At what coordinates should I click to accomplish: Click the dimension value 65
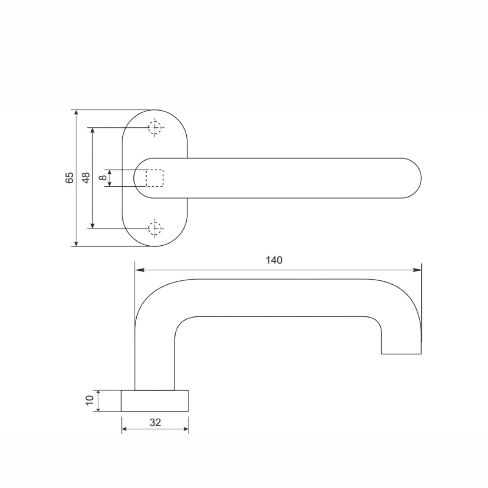tap(70, 177)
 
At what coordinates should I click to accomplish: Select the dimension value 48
tap(86, 177)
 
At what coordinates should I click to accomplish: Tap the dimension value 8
tap(103, 177)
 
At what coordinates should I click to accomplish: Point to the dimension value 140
tap(274, 260)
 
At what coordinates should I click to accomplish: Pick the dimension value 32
tap(155, 423)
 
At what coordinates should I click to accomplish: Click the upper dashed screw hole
tap(155, 128)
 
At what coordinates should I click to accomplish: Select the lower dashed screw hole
tap(155, 229)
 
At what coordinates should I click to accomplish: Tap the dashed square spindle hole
tap(155, 178)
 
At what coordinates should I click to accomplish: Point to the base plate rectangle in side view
tap(155, 401)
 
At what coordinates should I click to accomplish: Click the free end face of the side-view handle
tap(401, 353)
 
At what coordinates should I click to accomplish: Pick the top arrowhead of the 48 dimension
tap(93, 131)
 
